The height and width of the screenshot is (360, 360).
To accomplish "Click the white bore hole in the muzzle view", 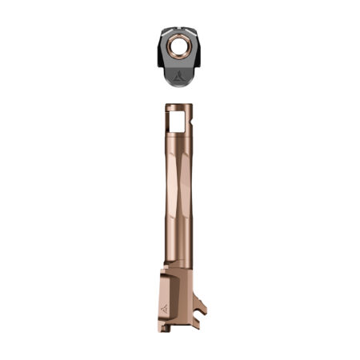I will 178,49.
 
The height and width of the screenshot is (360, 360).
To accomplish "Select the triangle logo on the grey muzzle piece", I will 178,78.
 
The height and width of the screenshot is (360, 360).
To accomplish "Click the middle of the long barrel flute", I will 179,200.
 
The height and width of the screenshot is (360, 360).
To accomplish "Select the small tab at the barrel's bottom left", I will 164,326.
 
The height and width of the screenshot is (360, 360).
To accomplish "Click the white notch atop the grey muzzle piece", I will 178,30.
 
